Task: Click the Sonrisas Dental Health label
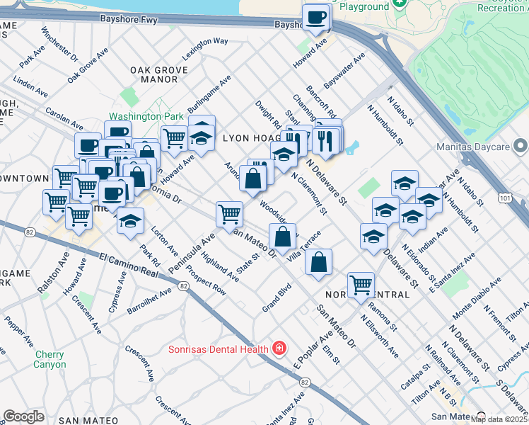pos(218,348)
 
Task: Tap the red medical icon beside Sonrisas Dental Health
pos(279,348)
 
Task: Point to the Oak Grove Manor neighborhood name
pos(159,75)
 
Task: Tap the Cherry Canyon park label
pos(50,359)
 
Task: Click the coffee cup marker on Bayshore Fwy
pos(316,18)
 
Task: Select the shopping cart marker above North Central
pos(361,285)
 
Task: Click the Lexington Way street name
pos(204,46)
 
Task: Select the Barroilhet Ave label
pos(149,298)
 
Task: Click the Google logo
pos(23,416)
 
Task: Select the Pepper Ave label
pos(18,330)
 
